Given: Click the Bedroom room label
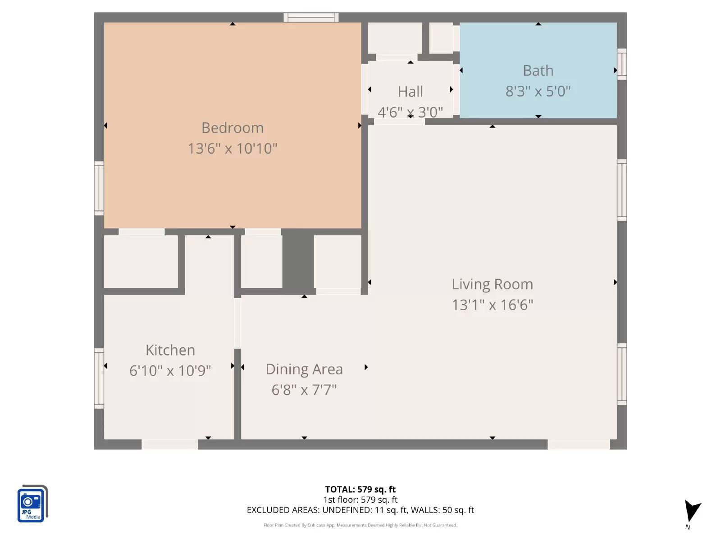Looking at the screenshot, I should click(x=233, y=128).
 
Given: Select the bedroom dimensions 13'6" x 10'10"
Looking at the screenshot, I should click(x=233, y=148).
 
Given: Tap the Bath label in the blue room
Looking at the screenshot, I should click(x=538, y=71).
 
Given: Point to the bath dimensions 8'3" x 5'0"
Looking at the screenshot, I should click(x=538, y=91).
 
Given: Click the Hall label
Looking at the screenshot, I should click(x=410, y=92).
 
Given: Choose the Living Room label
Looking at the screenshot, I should click(x=492, y=284).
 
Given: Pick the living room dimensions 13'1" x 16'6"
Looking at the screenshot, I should click(x=492, y=305).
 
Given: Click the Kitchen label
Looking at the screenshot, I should click(x=170, y=350).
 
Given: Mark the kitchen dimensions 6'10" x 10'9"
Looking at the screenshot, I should click(x=170, y=371).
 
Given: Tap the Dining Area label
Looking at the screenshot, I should click(x=304, y=369).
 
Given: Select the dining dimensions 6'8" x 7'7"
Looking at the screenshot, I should click(x=304, y=390).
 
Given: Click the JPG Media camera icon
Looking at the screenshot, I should click(x=32, y=504).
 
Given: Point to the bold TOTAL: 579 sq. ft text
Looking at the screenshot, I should click(x=360, y=490).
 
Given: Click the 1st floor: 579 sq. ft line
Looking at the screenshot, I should click(x=360, y=500).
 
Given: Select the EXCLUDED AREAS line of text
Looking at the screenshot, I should click(x=360, y=510).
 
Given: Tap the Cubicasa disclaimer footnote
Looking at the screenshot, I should click(x=360, y=525).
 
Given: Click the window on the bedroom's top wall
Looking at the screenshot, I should click(x=311, y=18).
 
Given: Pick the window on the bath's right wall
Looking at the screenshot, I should click(x=622, y=64).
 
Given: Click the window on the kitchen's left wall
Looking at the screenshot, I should click(x=99, y=378).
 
